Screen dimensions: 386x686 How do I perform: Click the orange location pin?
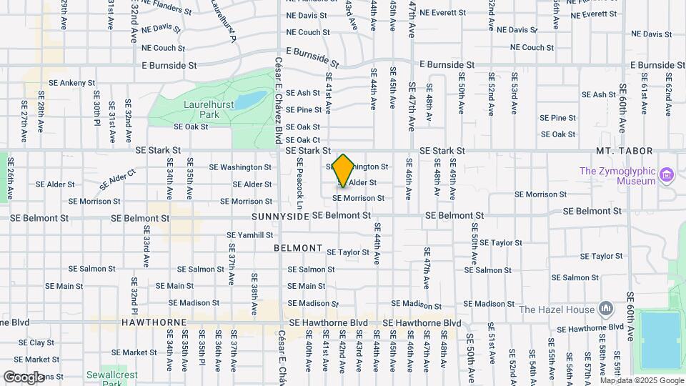pos(343,170)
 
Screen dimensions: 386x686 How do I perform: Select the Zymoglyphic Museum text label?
pos(617,176)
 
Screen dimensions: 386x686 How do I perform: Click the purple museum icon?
pos(667,174)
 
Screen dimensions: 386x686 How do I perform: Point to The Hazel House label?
pos(557,310)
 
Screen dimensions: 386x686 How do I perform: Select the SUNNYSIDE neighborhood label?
pos(279,215)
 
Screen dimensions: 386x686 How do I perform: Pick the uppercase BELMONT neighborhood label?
pos(298,248)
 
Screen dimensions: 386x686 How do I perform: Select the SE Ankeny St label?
pos(72,83)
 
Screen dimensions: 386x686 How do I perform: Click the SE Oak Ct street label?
pos(303,140)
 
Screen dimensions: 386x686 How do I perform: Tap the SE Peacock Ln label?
pos(301,184)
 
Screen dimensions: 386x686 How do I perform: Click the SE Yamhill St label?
pos(250,234)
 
